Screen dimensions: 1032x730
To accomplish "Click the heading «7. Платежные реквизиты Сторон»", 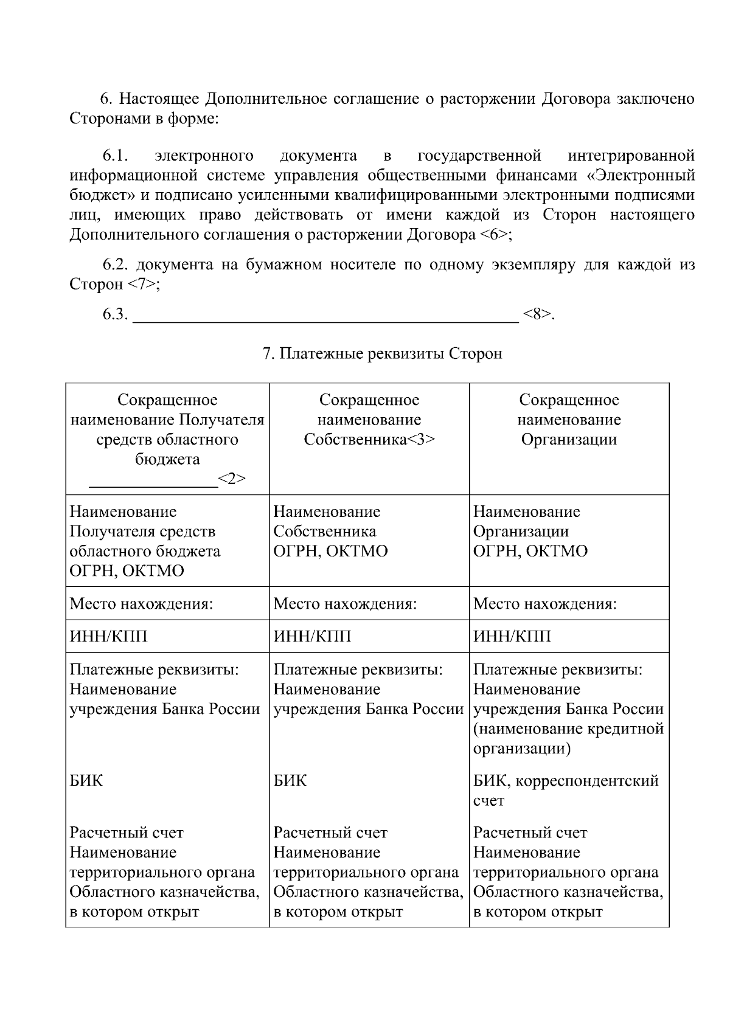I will [x=382, y=353].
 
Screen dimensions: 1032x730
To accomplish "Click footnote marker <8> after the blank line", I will [x=538, y=314].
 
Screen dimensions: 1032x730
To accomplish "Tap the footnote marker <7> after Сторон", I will [x=142, y=285].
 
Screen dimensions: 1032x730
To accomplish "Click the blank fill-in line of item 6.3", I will [x=325, y=316].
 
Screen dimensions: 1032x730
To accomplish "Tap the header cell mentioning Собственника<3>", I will [x=369, y=420].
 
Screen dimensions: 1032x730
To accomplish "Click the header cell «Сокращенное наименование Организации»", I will [x=569, y=420].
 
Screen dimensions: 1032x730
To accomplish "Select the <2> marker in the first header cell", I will [x=232, y=479].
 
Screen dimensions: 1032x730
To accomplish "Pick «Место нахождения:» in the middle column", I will [x=345, y=604].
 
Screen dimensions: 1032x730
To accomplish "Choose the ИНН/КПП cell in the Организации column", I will [x=512, y=637].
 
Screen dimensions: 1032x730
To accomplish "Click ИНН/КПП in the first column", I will [x=108, y=637].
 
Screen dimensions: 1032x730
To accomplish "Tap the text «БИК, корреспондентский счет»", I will [x=566, y=791].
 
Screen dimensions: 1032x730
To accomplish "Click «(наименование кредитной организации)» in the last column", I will [x=568, y=738].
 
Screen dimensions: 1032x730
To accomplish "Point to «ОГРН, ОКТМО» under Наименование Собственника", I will [x=330, y=551].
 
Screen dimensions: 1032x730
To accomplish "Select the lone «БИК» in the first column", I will [x=86, y=781].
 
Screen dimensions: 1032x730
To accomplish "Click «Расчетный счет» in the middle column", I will [x=330, y=833].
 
